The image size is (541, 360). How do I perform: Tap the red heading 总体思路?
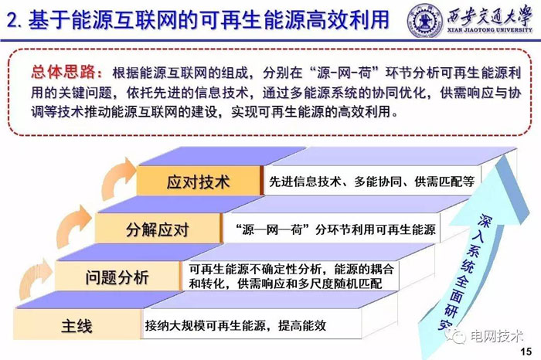pos(66,72)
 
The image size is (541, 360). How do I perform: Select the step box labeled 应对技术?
pos(199,183)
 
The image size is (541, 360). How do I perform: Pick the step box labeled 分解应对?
pos(158,229)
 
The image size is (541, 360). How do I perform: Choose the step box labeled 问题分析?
pos(117,277)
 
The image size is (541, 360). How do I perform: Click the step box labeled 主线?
pos(77,326)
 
